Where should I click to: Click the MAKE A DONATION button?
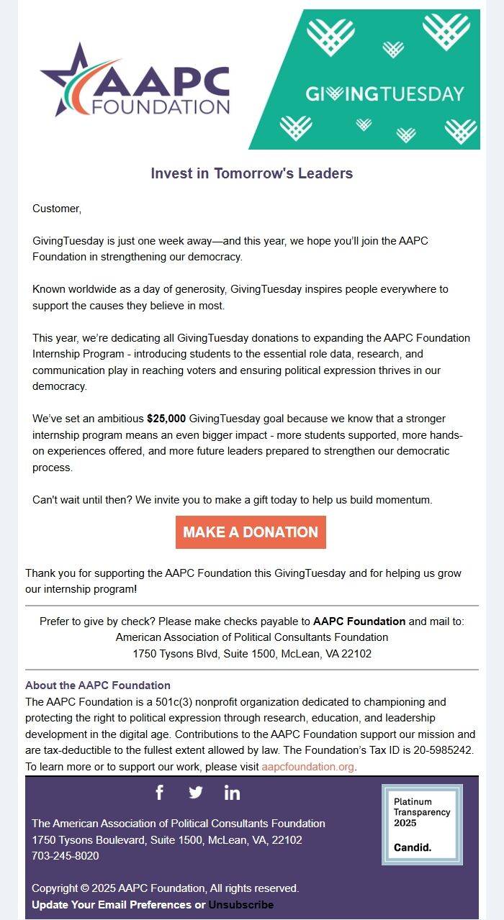[251, 532]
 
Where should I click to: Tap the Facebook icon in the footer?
[159, 793]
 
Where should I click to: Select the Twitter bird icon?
[196, 793]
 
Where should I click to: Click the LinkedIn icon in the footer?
[232, 793]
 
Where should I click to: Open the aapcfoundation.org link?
[307, 767]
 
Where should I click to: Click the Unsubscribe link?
[240, 905]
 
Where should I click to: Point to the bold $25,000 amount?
[166, 419]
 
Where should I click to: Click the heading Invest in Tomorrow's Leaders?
[251, 173]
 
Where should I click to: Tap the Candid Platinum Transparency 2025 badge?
[422, 824]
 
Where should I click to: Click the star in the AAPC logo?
[68, 79]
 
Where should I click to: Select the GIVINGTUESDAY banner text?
[384, 94]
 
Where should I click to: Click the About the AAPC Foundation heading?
[98, 686]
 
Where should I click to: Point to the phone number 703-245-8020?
[66, 856]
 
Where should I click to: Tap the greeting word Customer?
[57, 209]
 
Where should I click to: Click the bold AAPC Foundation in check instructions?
[359, 621]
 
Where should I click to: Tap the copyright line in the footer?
[165, 888]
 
